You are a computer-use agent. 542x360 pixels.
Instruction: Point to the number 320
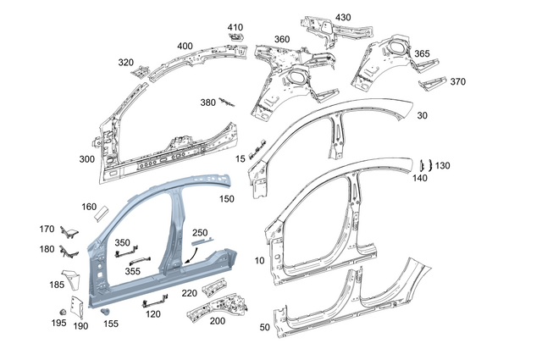point(125,62)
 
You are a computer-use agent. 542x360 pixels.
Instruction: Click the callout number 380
point(207,102)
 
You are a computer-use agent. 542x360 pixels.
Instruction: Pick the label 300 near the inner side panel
point(86,159)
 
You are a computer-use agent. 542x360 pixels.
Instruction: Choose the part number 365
point(421,53)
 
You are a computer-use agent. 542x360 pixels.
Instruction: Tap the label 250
point(200,232)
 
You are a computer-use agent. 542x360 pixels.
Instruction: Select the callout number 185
point(56,285)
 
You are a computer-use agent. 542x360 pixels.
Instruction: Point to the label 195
point(58,324)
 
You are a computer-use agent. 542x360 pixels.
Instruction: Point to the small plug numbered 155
point(106,313)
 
